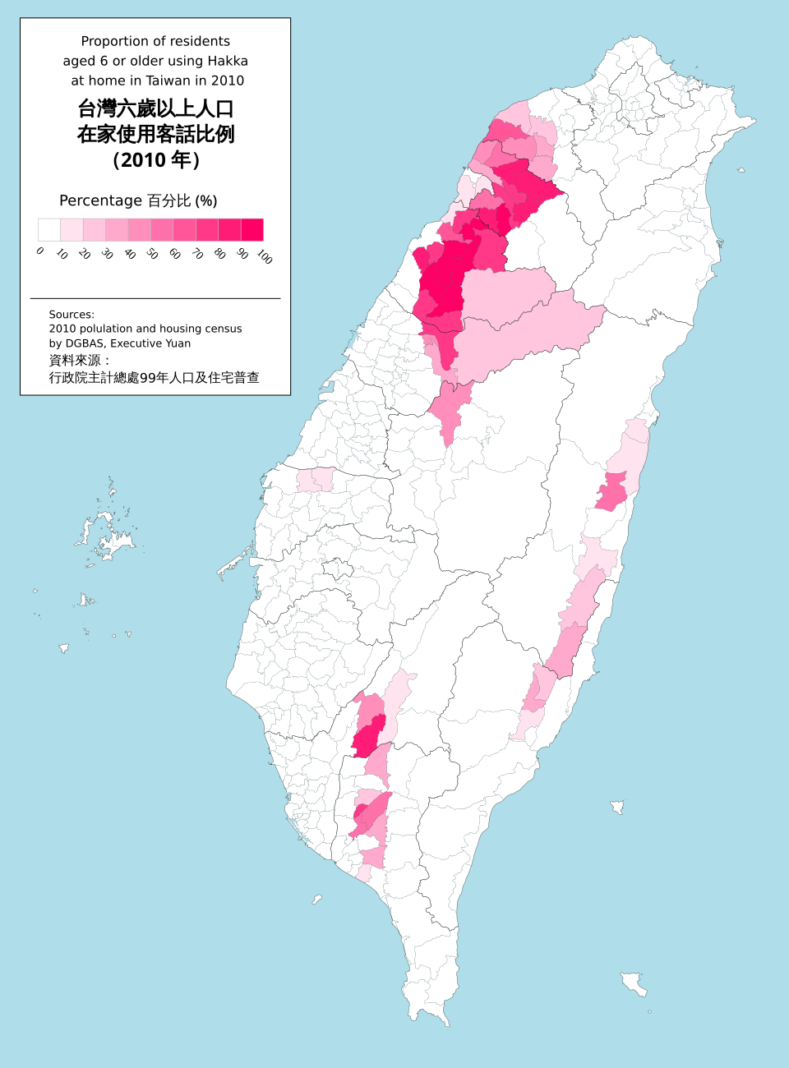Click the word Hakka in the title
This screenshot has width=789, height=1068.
point(228,61)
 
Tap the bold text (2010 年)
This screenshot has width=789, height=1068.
point(155,159)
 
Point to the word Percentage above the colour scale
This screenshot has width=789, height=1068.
point(100,200)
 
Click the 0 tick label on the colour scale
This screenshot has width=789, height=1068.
point(40,251)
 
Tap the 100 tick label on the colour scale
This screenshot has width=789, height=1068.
point(264,256)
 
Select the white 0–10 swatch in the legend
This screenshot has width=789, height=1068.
point(49,229)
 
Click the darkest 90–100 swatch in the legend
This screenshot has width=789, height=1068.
point(251,229)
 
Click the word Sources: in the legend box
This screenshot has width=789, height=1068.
point(72,314)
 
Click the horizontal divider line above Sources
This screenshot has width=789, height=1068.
point(155,298)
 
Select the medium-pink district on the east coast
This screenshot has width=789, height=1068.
point(611,491)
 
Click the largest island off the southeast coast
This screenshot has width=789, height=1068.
point(634,983)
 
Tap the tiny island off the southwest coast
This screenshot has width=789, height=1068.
point(316,900)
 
